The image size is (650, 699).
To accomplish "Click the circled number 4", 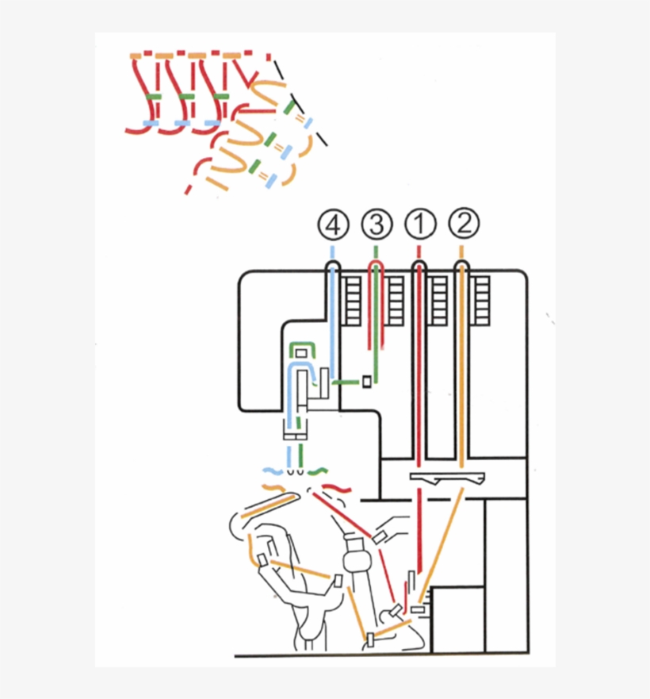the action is point(333,225).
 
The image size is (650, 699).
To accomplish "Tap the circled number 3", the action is point(377,225).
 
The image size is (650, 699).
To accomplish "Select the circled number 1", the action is point(420,225).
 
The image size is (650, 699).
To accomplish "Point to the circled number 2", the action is point(464,225).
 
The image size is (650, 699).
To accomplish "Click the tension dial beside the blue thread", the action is point(352,301).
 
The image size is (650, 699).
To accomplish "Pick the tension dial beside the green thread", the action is point(395,301).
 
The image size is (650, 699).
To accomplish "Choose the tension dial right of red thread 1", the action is point(438,301).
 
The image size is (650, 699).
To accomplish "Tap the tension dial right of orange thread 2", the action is point(481,301).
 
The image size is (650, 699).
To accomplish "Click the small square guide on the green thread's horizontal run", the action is point(366,382).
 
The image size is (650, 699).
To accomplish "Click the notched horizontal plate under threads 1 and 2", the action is point(447,478).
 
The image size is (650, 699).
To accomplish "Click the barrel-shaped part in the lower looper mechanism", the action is point(356,555).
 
